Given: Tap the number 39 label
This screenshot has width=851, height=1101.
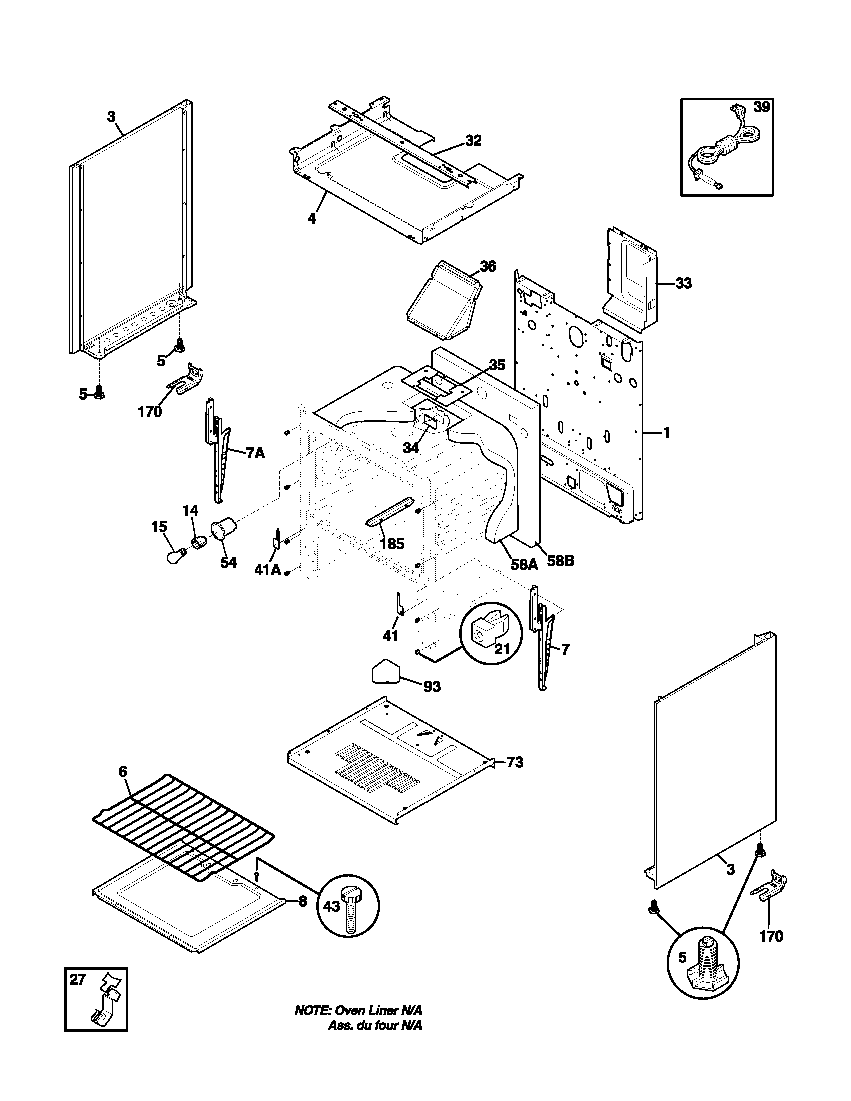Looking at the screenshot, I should click(761, 108).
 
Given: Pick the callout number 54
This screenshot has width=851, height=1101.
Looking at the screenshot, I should click(228, 562).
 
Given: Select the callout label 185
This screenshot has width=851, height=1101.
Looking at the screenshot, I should click(392, 544).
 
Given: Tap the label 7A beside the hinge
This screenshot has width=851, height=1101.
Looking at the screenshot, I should click(255, 454).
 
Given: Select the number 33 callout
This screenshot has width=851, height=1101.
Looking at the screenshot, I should click(683, 283).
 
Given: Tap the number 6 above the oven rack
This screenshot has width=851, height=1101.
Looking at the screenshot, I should click(123, 785).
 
